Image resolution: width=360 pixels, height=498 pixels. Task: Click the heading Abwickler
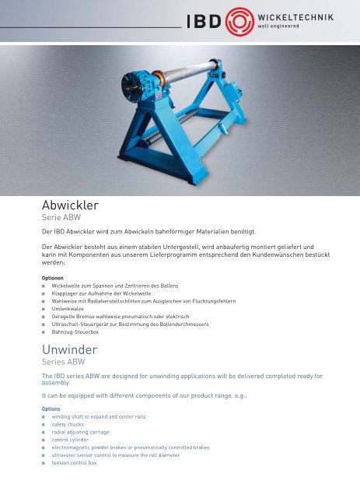pyautogui.click(x=71, y=205)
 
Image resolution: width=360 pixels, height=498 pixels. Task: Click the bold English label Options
pyautogui.click(x=52, y=409)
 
